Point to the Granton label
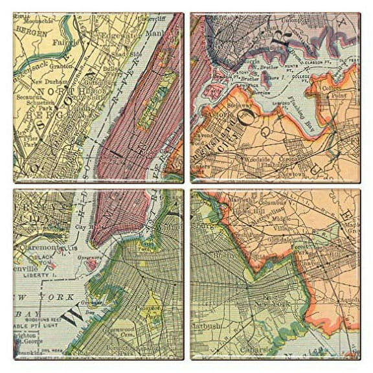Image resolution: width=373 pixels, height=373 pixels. click(x=60, y=66)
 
